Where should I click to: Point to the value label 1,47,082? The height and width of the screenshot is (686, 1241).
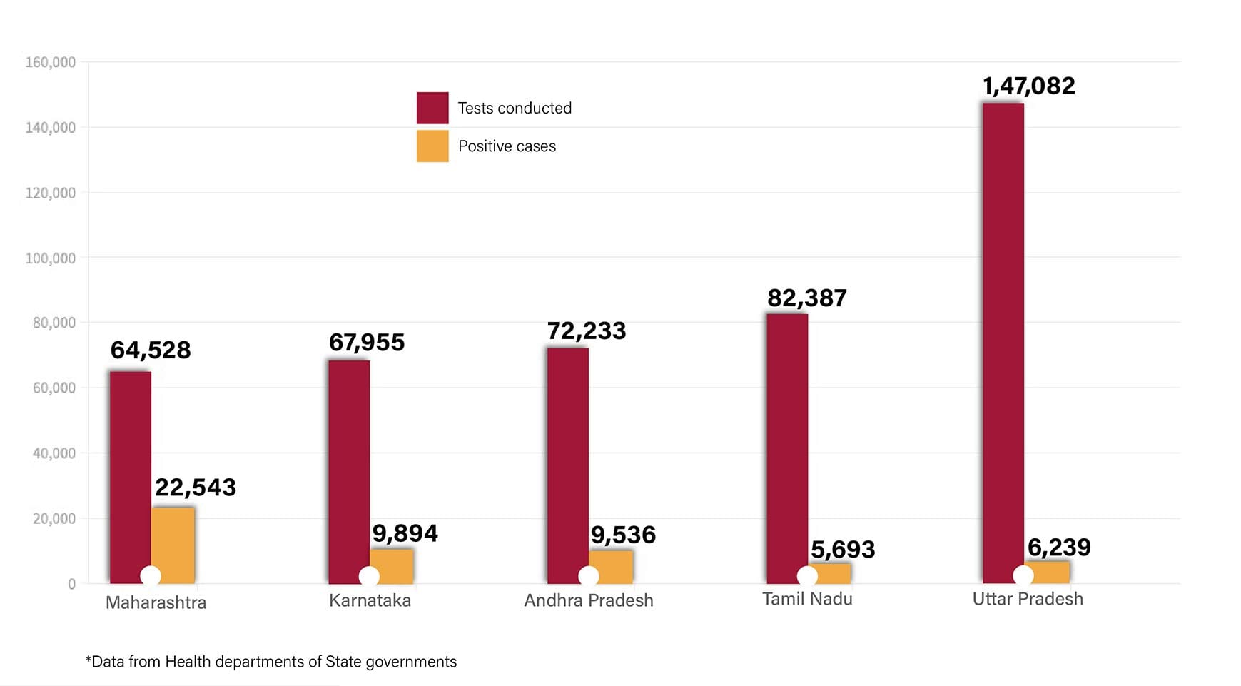point(1028,86)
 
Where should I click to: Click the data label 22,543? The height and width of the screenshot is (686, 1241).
point(195,488)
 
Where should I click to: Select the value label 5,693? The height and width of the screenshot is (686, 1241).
point(842,550)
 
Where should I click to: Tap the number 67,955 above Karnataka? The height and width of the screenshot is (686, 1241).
point(366,343)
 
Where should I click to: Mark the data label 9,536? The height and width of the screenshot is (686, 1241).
point(622,535)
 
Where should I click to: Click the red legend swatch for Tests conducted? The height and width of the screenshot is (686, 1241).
point(432,108)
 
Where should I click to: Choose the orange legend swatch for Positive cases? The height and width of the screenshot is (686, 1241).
point(432,146)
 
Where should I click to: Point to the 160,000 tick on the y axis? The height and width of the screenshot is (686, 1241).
point(50,63)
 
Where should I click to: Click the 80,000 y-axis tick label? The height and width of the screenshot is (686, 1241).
point(54,323)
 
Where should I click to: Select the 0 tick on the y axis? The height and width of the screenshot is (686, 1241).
point(71,584)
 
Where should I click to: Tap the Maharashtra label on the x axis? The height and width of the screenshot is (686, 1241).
point(156,602)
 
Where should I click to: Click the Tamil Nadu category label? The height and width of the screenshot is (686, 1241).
point(807,599)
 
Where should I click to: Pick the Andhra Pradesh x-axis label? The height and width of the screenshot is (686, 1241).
point(589,600)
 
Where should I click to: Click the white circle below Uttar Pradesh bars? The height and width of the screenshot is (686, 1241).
point(1023,575)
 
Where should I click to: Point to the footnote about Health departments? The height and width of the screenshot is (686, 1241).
point(271,662)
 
